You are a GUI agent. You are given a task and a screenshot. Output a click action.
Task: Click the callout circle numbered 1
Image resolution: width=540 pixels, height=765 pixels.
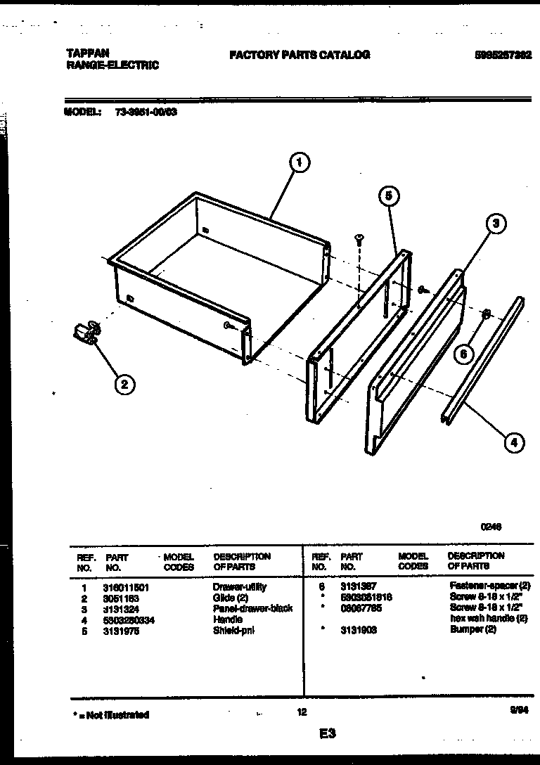(x=300, y=162)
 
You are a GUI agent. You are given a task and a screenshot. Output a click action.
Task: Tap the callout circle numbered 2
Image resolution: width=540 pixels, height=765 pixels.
(x=124, y=383)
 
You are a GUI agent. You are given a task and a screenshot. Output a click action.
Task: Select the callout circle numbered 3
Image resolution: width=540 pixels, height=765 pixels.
(x=496, y=224)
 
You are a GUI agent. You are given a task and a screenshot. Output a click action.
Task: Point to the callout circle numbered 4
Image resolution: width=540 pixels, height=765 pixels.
(x=514, y=442)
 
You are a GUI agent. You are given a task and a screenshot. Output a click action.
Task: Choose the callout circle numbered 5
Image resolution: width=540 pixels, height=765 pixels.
(x=389, y=196)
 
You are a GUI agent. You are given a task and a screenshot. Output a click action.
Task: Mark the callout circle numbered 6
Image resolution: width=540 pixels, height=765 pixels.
(x=463, y=354)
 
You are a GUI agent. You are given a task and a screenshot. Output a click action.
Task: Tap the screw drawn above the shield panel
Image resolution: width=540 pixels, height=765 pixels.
(x=359, y=241)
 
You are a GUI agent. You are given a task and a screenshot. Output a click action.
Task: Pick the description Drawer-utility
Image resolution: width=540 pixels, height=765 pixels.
(x=240, y=586)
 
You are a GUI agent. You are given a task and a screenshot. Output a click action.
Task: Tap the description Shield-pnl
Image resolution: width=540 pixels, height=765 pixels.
(x=234, y=630)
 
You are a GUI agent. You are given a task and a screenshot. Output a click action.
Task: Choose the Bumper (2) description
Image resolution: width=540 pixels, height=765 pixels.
(x=473, y=630)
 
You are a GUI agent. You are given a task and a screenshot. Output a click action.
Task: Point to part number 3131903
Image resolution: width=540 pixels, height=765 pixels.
(x=359, y=630)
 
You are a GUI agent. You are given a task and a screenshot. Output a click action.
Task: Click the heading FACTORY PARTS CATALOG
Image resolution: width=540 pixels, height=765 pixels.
(x=300, y=55)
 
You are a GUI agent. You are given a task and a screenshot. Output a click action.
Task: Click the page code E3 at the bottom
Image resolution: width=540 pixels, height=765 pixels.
(x=327, y=734)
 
